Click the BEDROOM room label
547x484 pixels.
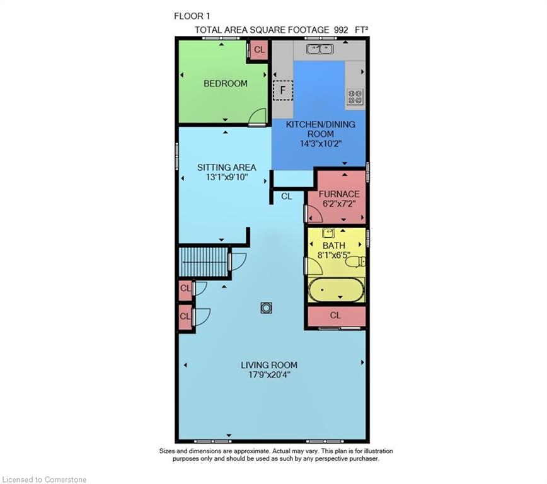(226, 83)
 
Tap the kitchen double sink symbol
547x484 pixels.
(320, 49)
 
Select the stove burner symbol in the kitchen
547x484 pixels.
(355, 96)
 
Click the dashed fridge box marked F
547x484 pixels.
(282, 90)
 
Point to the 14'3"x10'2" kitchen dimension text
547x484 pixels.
(321, 144)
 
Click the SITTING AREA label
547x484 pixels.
(227, 168)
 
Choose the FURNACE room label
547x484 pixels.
(339, 194)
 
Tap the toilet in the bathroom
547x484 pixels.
(357, 262)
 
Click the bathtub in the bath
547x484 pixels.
(337, 290)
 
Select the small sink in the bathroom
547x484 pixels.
(328, 233)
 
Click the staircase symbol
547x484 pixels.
(204, 262)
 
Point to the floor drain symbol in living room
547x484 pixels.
(266, 308)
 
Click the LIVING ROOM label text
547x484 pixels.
(269, 365)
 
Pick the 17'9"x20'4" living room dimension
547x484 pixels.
(269, 375)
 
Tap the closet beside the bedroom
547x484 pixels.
(259, 50)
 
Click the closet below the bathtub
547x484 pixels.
(337, 316)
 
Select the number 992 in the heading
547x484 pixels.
(341, 30)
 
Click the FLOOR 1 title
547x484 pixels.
(192, 16)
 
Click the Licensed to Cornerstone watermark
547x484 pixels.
(44, 480)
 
